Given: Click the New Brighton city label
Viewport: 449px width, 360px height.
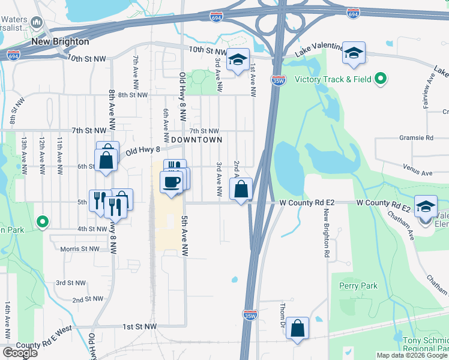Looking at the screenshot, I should (x=59, y=42).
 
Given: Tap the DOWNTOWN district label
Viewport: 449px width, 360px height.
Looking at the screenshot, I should (x=196, y=139).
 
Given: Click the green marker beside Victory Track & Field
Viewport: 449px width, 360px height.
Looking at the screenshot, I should (x=380, y=79).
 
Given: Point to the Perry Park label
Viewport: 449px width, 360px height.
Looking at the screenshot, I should (x=358, y=286).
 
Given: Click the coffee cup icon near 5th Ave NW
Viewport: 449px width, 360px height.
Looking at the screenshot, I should (x=172, y=181).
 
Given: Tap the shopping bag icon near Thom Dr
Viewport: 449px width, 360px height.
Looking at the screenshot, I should (x=297, y=328).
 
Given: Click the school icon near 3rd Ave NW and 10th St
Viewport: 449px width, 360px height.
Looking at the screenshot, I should (x=238, y=59).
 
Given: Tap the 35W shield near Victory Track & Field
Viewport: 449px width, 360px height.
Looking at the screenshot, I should (x=278, y=79).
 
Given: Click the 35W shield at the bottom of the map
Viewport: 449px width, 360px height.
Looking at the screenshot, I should (x=250, y=314).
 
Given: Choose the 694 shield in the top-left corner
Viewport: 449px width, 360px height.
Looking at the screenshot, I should (x=13, y=55).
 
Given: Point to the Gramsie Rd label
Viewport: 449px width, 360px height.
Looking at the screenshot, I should (x=416, y=138).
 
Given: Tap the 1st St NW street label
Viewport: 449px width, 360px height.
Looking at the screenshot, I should (x=139, y=326).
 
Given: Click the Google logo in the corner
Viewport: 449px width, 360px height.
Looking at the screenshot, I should (x=20, y=353).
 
